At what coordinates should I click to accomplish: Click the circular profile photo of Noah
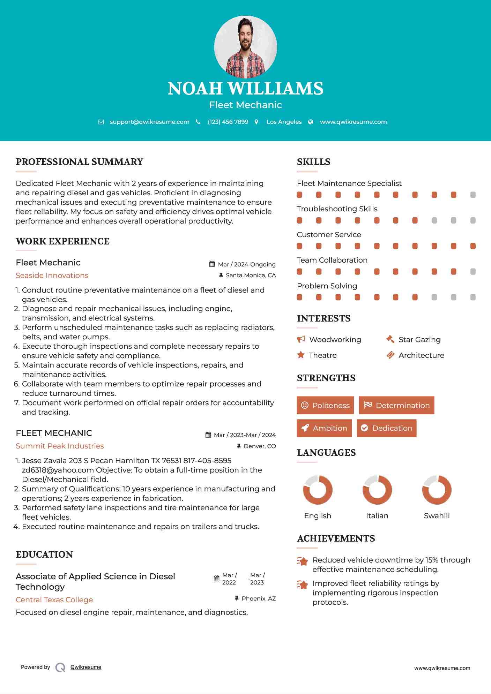[x=245, y=46]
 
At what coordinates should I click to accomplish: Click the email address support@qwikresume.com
[x=149, y=122]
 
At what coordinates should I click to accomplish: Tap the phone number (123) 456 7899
[x=228, y=122]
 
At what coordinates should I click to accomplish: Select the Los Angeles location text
[x=284, y=122]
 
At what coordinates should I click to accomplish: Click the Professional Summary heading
[x=80, y=162]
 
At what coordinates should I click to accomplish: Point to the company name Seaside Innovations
[x=52, y=276]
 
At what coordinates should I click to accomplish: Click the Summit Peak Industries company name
[x=60, y=446]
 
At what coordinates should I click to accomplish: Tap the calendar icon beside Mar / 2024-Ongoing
[x=212, y=264]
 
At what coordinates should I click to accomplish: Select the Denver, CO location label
[x=260, y=446]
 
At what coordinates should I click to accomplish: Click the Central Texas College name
[x=54, y=600]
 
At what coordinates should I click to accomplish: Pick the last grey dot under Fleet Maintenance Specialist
[x=473, y=195]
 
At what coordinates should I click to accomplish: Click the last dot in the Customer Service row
[x=473, y=246]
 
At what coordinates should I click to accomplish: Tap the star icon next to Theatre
[x=300, y=355]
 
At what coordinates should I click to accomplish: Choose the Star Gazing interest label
[x=419, y=340]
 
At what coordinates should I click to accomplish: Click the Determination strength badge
[x=396, y=405]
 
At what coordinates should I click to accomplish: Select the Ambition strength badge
[x=324, y=428]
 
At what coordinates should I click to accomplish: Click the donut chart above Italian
[x=377, y=490]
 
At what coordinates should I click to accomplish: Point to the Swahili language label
[x=437, y=516]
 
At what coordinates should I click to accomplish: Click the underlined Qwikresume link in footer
[x=86, y=667]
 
